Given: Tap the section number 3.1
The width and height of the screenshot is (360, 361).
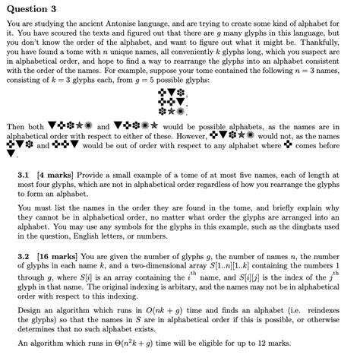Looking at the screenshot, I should coord(24,173).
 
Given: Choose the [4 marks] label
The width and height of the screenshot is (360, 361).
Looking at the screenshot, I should coord(55,173).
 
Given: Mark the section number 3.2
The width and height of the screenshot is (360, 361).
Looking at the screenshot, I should coord(24,256).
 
